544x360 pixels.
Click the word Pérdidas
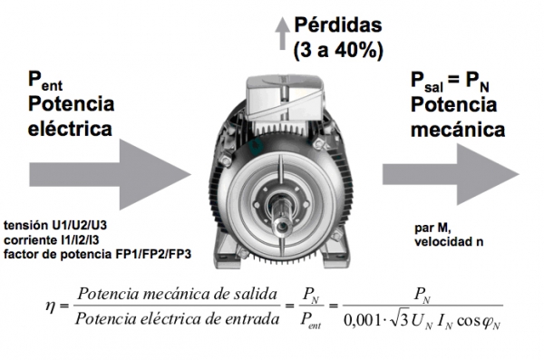click(338, 25)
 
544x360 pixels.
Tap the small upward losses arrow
click(282, 34)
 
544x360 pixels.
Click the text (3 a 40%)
click(338, 51)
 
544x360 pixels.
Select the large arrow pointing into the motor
click(110, 175)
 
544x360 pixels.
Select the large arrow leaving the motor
click(451, 174)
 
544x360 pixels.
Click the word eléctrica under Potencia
click(70, 129)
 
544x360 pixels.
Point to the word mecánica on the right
click(458, 130)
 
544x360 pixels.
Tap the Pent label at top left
click(45, 81)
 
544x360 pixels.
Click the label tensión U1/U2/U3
click(55, 225)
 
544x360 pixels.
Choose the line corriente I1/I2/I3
click(52, 240)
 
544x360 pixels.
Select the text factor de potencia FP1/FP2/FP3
click(98, 255)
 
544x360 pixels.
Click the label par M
click(432, 229)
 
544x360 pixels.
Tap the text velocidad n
click(449, 241)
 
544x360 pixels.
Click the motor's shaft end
click(281, 227)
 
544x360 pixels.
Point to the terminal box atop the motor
click(285, 98)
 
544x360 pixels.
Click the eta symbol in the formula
click(51, 306)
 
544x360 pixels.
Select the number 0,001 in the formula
click(362, 320)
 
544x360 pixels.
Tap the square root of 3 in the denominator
click(399, 319)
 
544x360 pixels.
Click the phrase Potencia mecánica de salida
click(177, 295)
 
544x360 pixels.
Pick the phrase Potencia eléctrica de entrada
click(178, 318)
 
